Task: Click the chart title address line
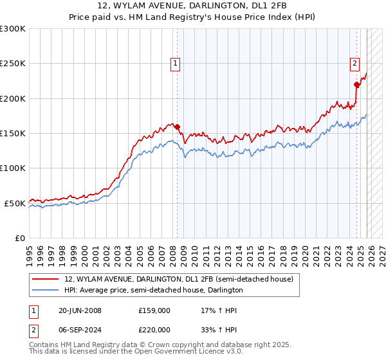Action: click(x=193, y=5)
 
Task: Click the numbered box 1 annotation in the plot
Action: click(x=175, y=63)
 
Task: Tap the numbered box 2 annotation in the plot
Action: click(x=354, y=63)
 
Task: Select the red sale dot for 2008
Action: click(x=178, y=127)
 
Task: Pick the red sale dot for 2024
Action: click(x=356, y=84)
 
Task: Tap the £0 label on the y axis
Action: click(x=19, y=238)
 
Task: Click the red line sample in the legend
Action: click(x=46, y=279)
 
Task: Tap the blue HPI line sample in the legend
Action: click(x=46, y=290)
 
